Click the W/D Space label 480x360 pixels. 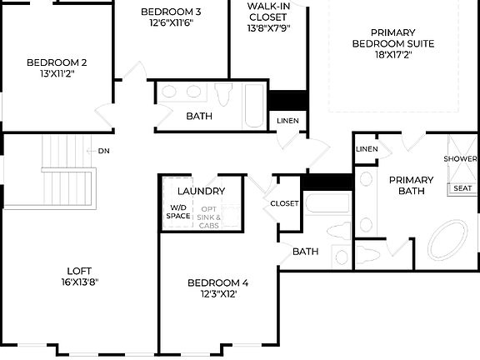[178, 212]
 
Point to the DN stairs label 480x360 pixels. [103, 151]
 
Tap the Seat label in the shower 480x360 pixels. [462, 188]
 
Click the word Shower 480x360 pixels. [460, 158]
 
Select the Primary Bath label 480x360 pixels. [411, 185]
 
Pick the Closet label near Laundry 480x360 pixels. [284, 202]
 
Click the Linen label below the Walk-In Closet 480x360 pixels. [287, 122]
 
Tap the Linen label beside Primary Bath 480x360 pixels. [367, 149]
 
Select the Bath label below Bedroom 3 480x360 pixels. [198, 116]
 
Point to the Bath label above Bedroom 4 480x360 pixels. [305, 251]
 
